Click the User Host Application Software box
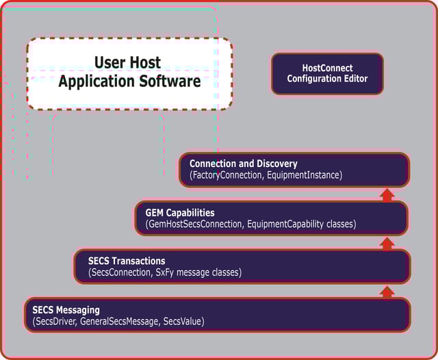(x=129, y=73)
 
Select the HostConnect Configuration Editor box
(x=327, y=73)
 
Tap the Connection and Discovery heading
(x=243, y=164)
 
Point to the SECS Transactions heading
(x=127, y=261)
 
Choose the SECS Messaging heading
(x=66, y=310)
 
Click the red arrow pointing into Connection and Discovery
(x=387, y=195)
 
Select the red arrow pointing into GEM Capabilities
(x=387, y=243)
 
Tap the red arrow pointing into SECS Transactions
(x=387, y=292)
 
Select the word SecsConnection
(x=120, y=273)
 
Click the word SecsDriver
(x=55, y=322)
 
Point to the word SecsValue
(x=183, y=322)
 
